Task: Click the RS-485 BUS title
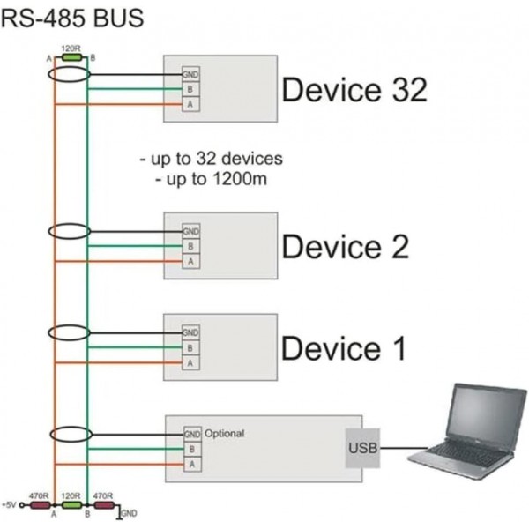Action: click(x=72, y=17)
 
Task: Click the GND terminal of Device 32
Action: click(x=191, y=74)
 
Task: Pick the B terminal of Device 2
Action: click(x=191, y=246)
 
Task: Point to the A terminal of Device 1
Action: click(x=191, y=362)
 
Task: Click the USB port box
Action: click(x=362, y=449)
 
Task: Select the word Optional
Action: click(x=224, y=434)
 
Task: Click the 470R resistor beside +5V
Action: click(x=40, y=506)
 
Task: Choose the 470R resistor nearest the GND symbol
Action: click(x=103, y=506)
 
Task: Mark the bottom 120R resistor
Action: click(x=71, y=506)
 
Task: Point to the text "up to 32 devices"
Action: click(x=211, y=160)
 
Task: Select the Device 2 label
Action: click(x=345, y=247)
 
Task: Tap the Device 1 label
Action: click(x=343, y=348)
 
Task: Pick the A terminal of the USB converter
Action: click(x=191, y=464)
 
